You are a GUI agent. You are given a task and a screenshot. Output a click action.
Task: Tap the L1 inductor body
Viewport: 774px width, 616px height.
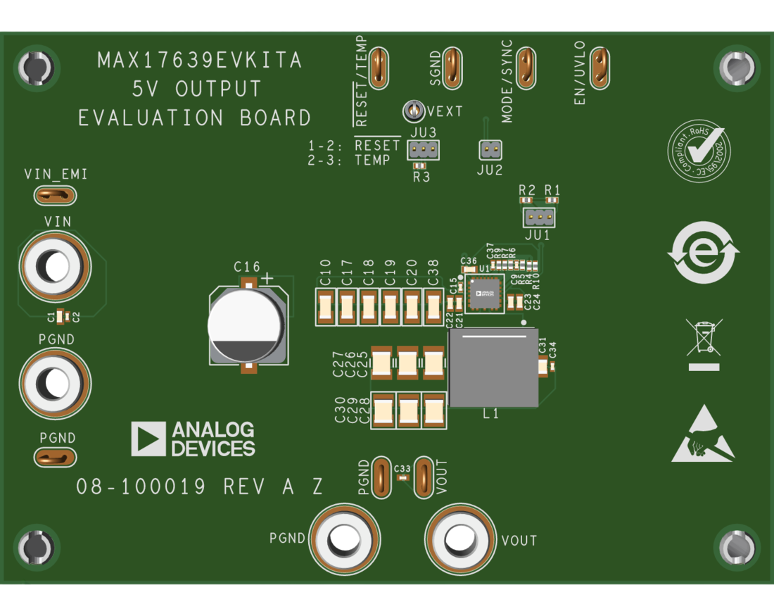[493, 367]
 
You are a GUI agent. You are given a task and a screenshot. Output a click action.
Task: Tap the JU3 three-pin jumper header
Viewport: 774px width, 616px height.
[423, 149]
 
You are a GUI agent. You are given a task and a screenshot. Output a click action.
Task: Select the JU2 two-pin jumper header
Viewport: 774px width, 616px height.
[490, 149]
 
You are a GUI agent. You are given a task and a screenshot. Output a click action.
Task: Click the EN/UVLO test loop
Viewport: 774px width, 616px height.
[599, 68]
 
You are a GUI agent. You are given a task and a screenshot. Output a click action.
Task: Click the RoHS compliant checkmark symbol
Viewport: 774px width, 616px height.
[699, 151]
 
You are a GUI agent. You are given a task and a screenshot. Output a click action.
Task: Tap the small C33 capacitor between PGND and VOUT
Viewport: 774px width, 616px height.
[403, 478]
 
